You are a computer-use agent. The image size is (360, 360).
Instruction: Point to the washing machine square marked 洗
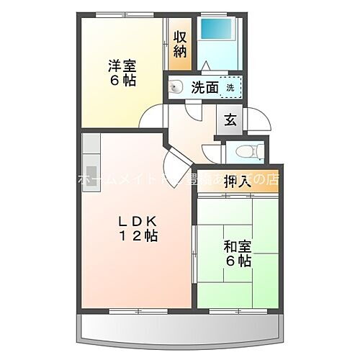coord(230,87)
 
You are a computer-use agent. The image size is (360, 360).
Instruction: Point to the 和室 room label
coord(235,245)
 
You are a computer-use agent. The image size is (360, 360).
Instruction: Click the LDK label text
coord(138,221)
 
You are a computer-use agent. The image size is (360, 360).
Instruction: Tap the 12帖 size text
coord(139,235)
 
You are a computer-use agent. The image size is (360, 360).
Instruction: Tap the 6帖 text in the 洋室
coord(122,81)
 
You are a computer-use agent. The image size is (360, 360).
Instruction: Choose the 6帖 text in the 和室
coord(236,260)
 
